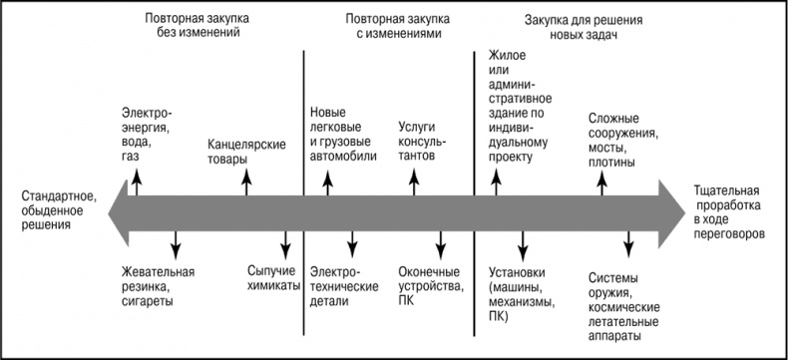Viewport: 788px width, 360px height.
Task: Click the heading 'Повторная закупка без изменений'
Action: pos(197,25)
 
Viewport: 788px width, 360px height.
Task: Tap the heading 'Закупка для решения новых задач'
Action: pos(580,25)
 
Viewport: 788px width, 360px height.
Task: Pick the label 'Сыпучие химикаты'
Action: pos(275,278)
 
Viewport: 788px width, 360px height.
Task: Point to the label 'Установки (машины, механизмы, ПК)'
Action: pos(522,294)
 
